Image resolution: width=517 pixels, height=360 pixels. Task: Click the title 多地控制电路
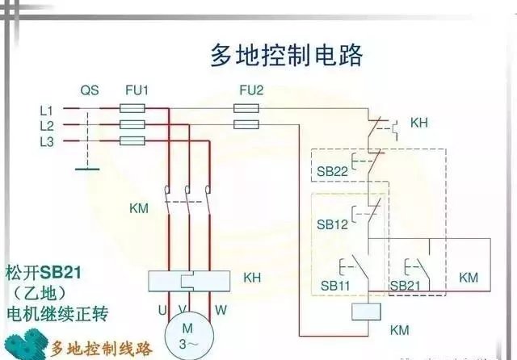(287, 56)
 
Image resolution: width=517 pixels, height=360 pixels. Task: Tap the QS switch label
(89, 90)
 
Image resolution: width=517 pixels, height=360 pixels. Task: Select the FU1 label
(137, 90)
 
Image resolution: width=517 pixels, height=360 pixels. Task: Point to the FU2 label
(251, 90)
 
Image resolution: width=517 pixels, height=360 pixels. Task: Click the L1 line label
(46, 110)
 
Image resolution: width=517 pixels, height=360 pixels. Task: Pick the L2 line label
(46, 126)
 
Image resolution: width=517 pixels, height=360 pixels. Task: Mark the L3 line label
(46, 141)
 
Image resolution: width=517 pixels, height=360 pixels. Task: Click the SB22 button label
(331, 171)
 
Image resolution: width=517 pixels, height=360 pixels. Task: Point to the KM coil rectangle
(368, 316)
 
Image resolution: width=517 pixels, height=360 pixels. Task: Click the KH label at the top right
(419, 123)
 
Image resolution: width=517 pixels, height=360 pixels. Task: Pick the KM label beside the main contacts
(139, 208)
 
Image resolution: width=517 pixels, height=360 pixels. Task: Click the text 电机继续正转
(57, 312)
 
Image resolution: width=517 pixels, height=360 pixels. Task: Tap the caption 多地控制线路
(100, 349)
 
